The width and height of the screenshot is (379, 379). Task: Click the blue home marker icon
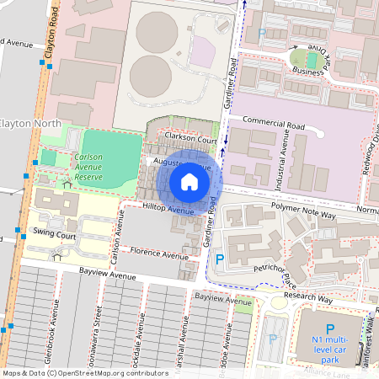(189, 182)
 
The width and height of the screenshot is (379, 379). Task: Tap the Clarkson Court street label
(191, 140)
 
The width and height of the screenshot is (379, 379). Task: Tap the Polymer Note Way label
(303, 215)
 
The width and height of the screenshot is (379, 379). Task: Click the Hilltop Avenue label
(168, 208)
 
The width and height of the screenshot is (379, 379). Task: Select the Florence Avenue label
(159, 254)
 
